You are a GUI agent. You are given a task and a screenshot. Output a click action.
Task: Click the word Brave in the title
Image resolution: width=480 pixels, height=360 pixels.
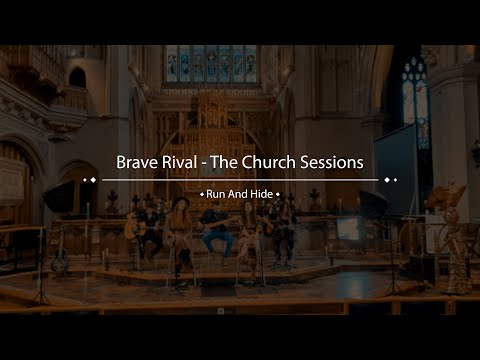139,162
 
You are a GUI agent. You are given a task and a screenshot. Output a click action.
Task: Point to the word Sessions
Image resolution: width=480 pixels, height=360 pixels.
334,162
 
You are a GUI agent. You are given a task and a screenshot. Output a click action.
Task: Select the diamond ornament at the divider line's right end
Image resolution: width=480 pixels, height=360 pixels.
390,180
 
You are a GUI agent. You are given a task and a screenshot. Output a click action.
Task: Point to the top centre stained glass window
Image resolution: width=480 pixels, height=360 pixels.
211,63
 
